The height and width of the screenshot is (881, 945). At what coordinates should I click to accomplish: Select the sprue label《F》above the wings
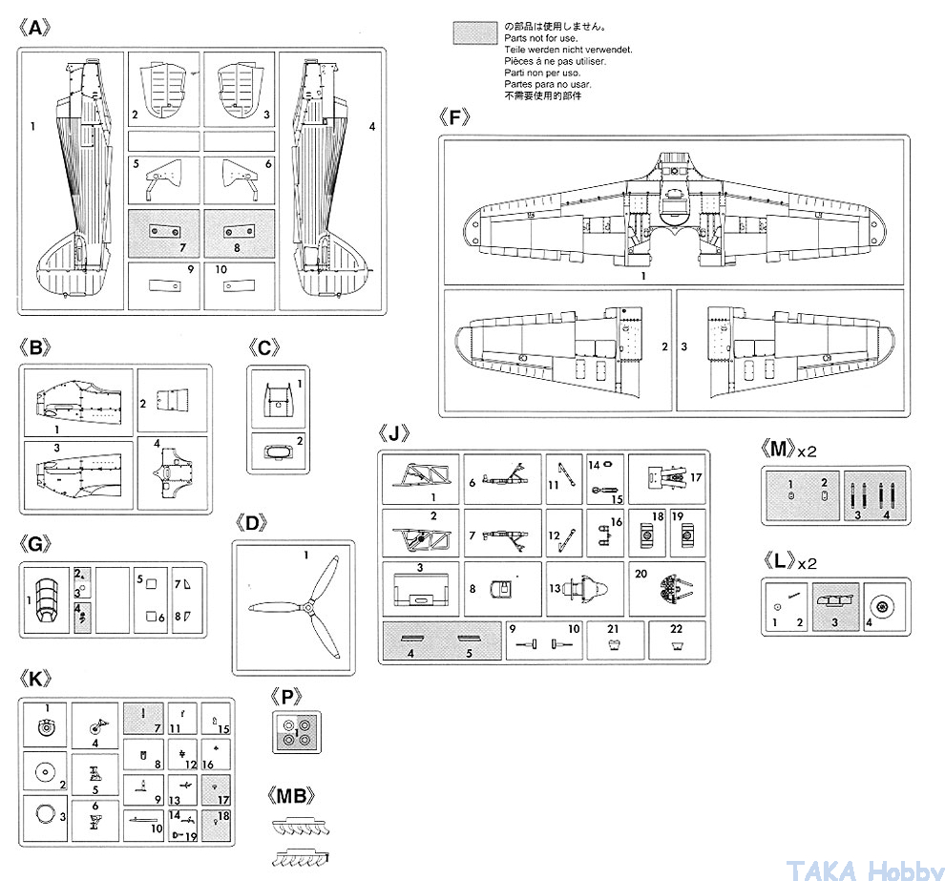click(x=459, y=119)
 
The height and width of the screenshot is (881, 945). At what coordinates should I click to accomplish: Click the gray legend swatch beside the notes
click(x=474, y=32)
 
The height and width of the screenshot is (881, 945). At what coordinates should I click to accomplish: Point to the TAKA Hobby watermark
click(x=864, y=870)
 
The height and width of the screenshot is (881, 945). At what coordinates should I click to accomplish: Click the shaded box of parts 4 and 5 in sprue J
click(x=442, y=640)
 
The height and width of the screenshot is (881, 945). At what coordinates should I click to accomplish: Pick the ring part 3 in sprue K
click(x=44, y=815)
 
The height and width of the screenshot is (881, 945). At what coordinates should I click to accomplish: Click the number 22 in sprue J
click(x=676, y=629)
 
